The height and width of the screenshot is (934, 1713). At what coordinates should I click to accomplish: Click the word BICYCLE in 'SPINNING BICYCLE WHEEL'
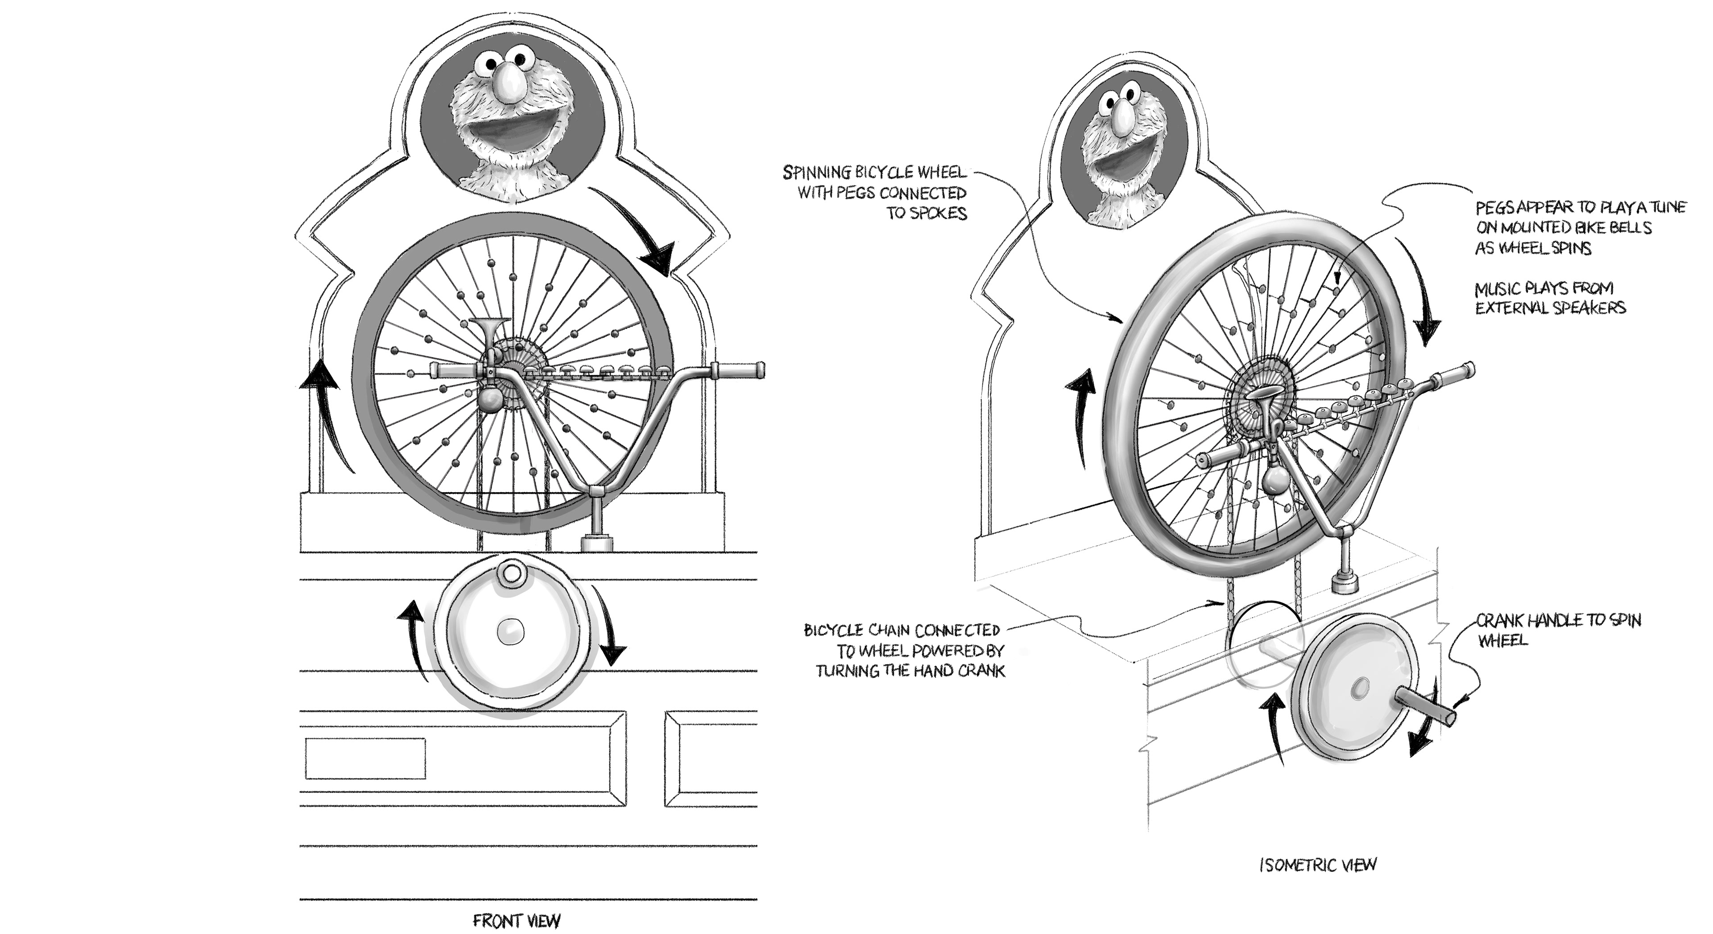coord(881,173)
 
